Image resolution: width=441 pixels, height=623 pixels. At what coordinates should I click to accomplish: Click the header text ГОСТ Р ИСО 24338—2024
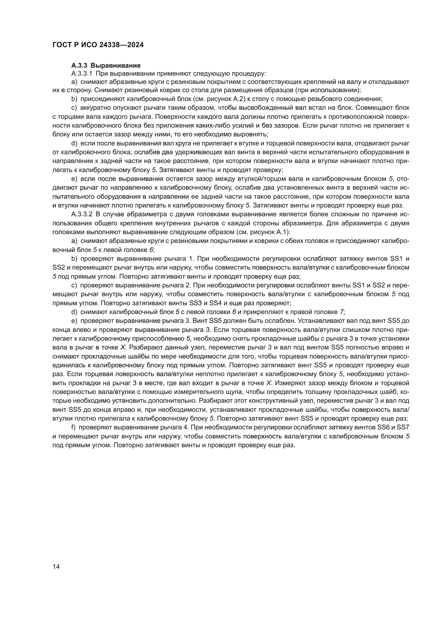pos(98,45)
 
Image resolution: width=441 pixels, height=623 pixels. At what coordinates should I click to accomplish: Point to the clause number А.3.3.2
pos(82,214)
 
